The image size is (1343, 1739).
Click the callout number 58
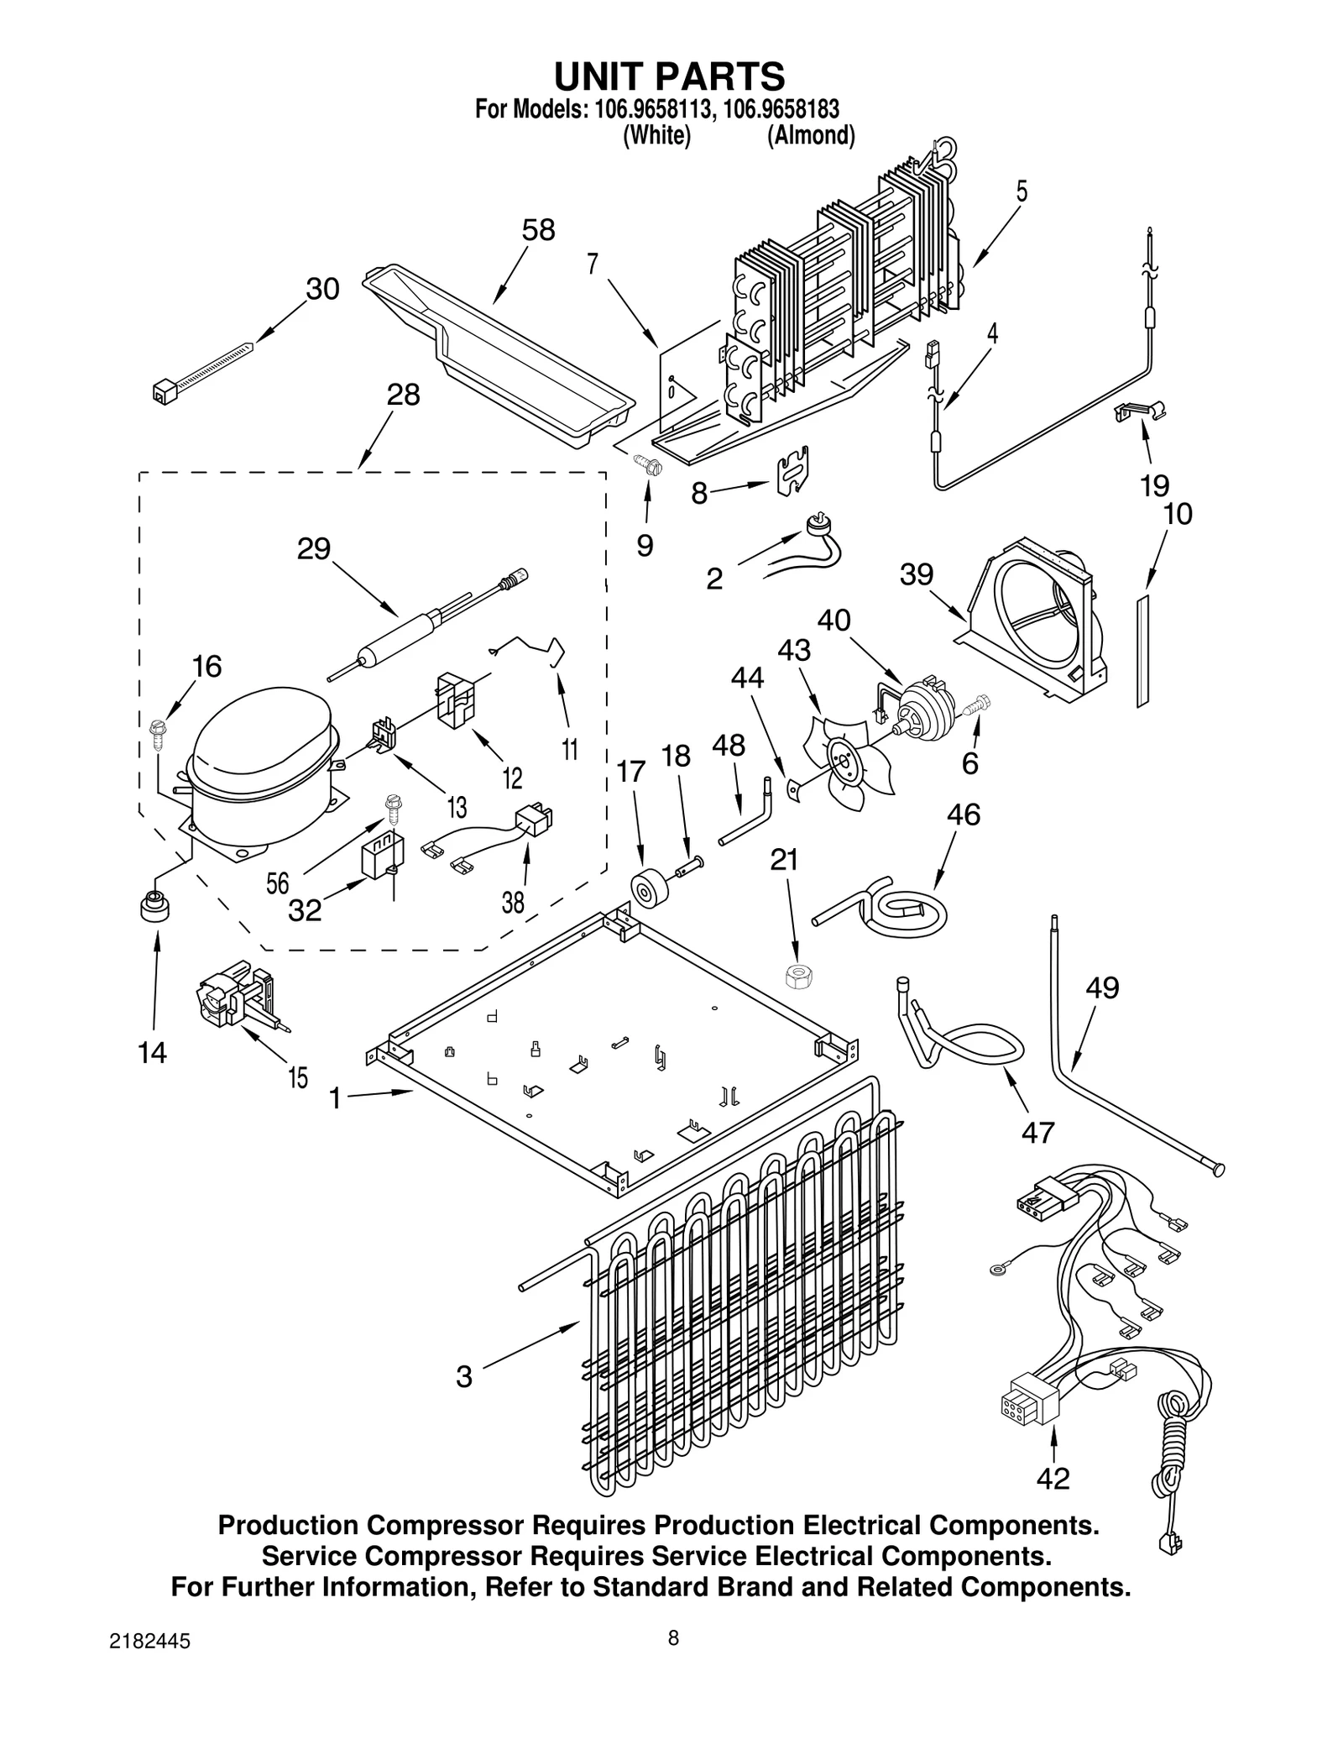click(x=538, y=230)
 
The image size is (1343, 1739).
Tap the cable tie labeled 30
click(x=201, y=368)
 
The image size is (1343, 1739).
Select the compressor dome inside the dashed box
click(x=260, y=739)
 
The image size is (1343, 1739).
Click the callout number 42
click(x=1053, y=1502)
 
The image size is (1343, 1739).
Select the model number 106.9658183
click(x=780, y=110)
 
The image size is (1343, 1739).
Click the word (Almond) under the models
click(x=810, y=136)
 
